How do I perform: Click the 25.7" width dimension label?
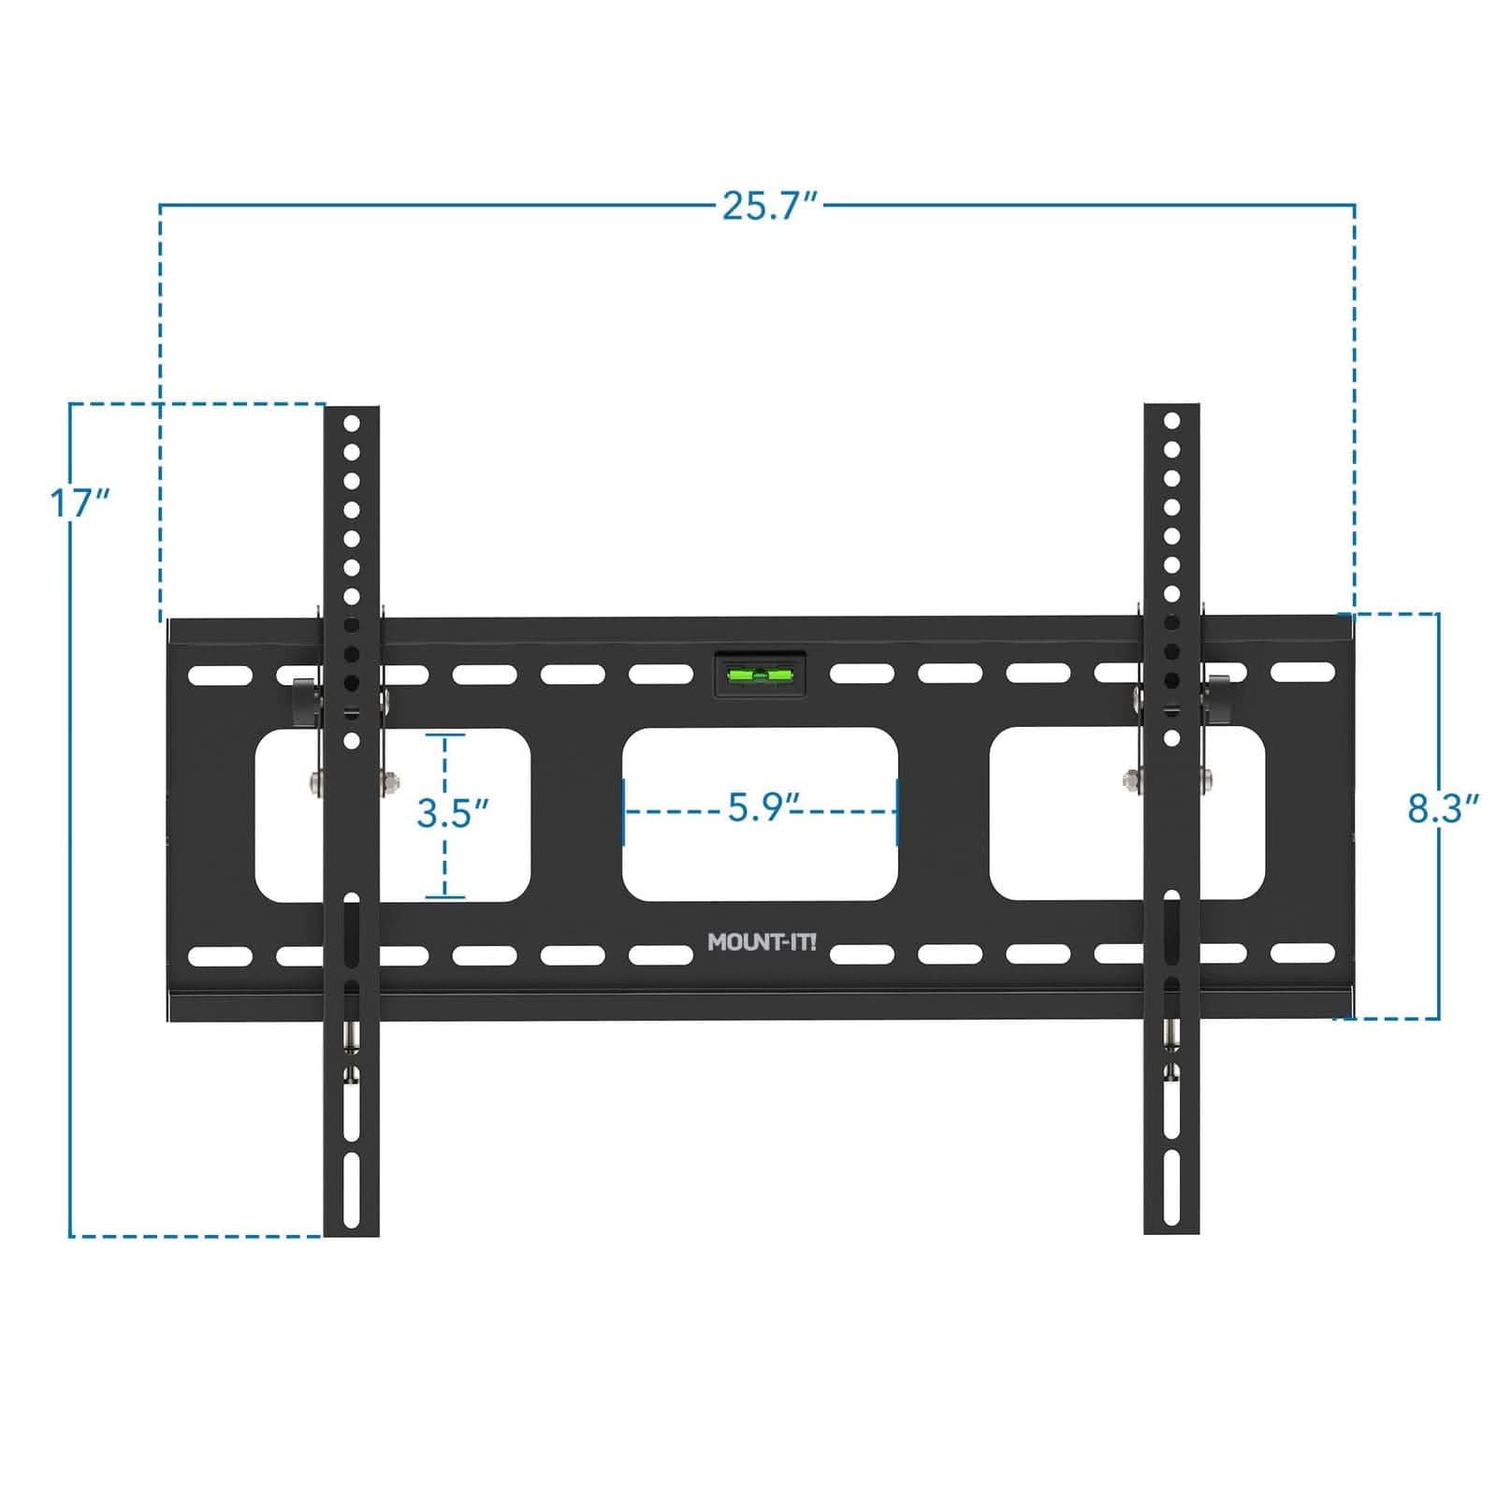tap(769, 206)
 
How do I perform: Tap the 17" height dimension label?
tap(80, 503)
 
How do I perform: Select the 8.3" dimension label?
tap(1443, 808)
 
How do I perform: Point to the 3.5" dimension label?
tap(453, 812)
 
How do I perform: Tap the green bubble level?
tap(760, 674)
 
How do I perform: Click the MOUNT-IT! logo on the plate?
tap(762, 942)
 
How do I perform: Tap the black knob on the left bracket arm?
tap(305, 702)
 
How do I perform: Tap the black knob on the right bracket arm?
tap(1218, 700)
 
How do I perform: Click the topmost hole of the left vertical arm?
tap(352, 424)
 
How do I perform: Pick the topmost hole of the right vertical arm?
tap(1170, 422)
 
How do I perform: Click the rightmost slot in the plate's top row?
tap(1302, 672)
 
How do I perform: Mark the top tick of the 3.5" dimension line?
tap(446, 736)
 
